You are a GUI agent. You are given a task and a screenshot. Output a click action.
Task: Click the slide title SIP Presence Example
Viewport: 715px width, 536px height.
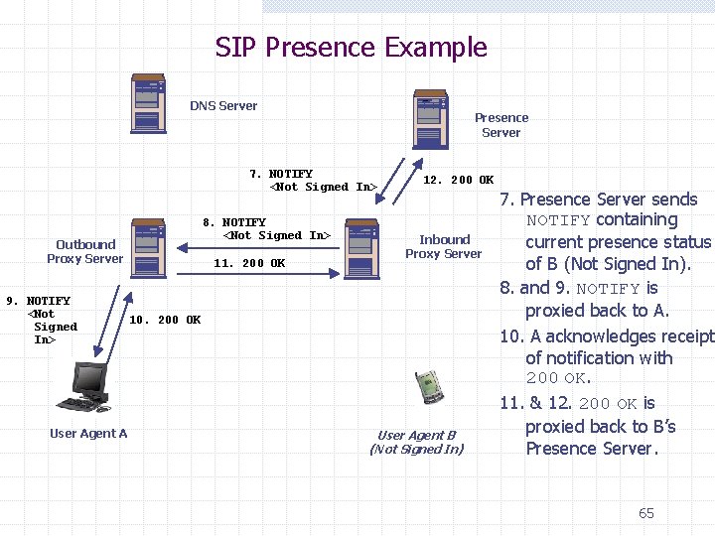(352, 47)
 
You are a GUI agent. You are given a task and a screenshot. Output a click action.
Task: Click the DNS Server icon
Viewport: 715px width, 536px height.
(148, 103)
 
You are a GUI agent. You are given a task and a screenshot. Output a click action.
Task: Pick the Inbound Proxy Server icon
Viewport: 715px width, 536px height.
(361, 248)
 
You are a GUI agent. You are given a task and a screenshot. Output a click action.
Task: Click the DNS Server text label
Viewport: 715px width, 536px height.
(223, 106)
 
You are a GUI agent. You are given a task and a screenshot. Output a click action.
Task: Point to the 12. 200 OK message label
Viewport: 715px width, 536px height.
(458, 180)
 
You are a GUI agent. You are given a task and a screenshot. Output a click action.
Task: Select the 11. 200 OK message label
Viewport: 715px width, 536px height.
(249, 263)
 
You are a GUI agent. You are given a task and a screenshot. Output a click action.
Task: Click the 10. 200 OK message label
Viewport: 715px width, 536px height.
(165, 320)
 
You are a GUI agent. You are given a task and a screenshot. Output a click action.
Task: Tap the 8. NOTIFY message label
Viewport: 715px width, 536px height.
(266, 229)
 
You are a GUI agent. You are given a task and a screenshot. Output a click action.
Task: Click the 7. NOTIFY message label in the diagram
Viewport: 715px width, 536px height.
(313, 180)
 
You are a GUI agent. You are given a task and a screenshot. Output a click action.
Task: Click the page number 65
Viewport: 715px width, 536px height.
(646, 513)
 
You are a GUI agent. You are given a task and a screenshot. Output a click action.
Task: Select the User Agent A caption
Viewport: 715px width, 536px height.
(88, 433)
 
